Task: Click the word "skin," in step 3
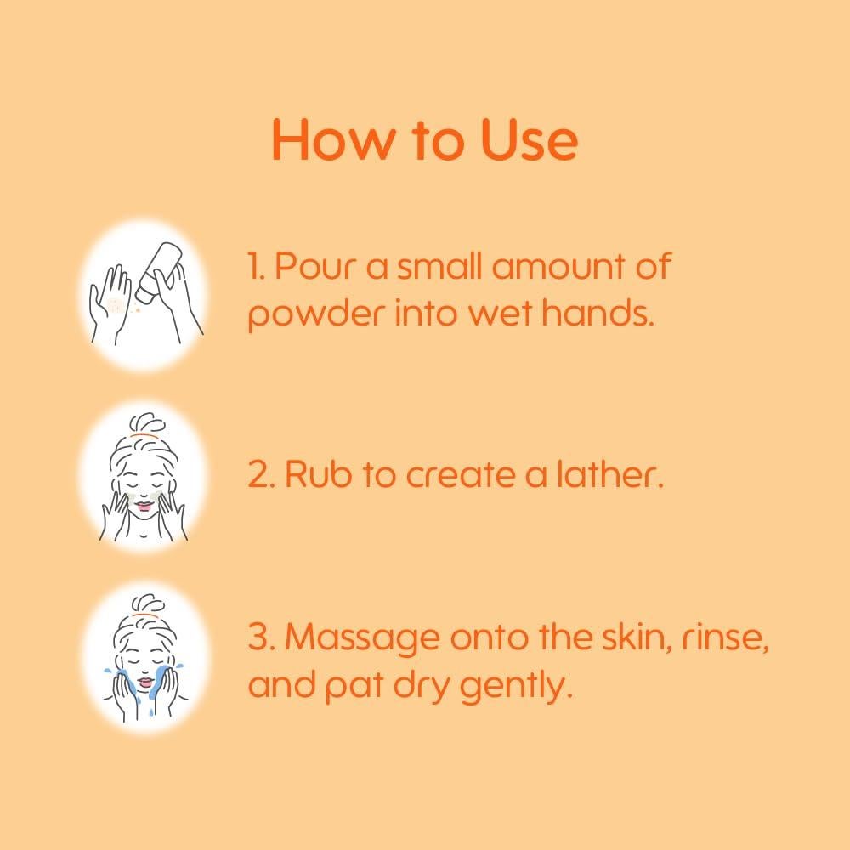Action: (x=635, y=637)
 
